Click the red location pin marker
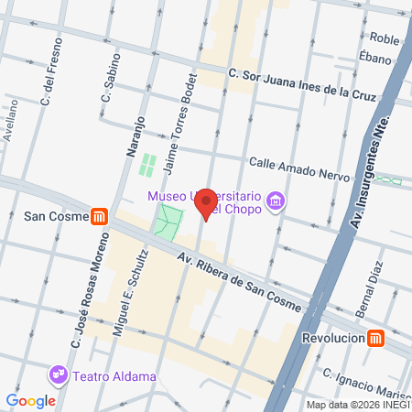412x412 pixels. pyautogui.click(x=207, y=203)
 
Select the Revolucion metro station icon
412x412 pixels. pyautogui.click(x=375, y=338)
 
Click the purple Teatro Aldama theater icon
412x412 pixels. pyautogui.click(x=60, y=374)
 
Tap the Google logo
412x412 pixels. pyautogui.click(x=30, y=401)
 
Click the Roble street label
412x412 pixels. pyautogui.click(x=385, y=38)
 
